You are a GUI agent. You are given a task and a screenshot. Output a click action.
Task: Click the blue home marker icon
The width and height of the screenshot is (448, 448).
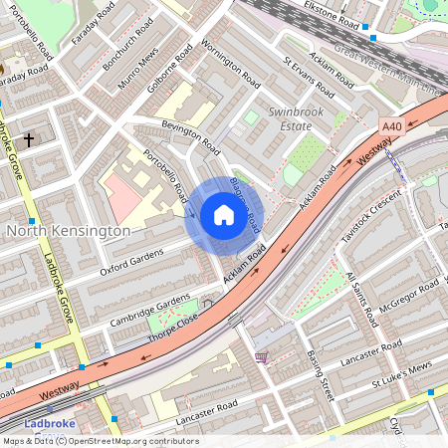[224, 215]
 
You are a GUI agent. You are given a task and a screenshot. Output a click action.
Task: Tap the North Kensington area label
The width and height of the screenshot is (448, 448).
[68, 231]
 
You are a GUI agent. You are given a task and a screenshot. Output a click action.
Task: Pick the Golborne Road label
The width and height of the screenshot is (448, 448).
[170, 68]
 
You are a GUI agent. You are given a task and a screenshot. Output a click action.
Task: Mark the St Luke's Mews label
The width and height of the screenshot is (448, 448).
[400, 381]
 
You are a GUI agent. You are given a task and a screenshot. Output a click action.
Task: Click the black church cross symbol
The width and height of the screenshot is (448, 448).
[29, 140]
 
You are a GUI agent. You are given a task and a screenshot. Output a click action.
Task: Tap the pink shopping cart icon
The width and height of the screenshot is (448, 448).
[262, 356]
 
